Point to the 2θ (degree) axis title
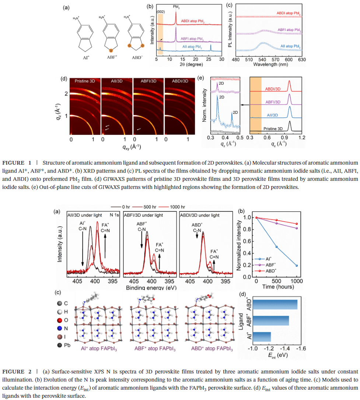click(x=189, y=64)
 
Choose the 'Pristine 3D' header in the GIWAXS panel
click(x=85, y=81)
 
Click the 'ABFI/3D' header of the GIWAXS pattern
click(x=148, y=81)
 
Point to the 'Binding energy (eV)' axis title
click(x=151, y=287)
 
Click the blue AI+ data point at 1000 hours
click(x=296, y=265)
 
